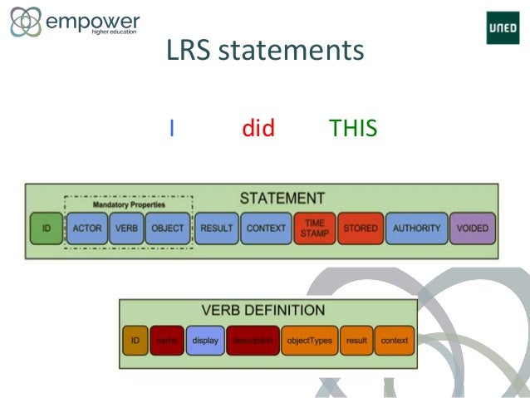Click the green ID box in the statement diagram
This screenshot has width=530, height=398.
click(x=46, y=228)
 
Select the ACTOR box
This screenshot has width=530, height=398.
click(x=87, y=228)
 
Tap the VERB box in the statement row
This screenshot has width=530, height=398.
click(x=126, y=228)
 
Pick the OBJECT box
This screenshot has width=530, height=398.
click(x=167, y=228)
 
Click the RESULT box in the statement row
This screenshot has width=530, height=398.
click(x=216, y=228)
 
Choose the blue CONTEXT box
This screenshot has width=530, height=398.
click(x=266, y=228)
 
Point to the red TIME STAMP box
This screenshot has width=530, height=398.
click(x=314, y=228)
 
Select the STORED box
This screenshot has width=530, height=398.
click(x=360, y=228)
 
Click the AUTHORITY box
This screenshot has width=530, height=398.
click(x=415, y=228)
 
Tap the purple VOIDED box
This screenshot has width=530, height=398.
click(x=472, y=228)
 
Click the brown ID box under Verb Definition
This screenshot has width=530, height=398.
click(x=135, y=341)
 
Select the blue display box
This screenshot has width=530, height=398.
click(x=204, y=341)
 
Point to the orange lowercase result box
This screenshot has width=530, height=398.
click(x=356, y=341)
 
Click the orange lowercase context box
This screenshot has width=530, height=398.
click(x=395, y=341)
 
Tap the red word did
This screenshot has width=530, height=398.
click(x=258, y=128)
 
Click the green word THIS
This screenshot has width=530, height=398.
click(x=353, y=128)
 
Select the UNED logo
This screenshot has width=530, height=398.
click(x=503, y=29)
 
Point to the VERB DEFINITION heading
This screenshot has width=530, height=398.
click(x=263, y=311)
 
